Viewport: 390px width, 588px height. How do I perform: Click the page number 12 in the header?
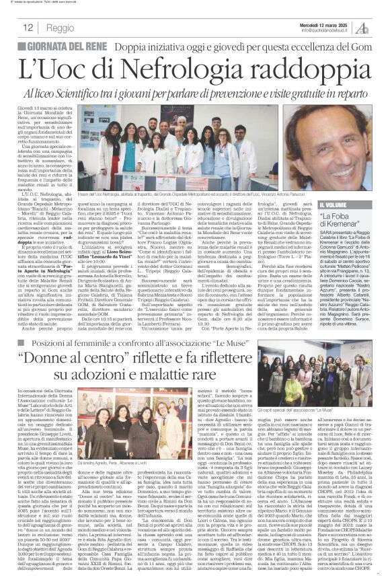(28, 28)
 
